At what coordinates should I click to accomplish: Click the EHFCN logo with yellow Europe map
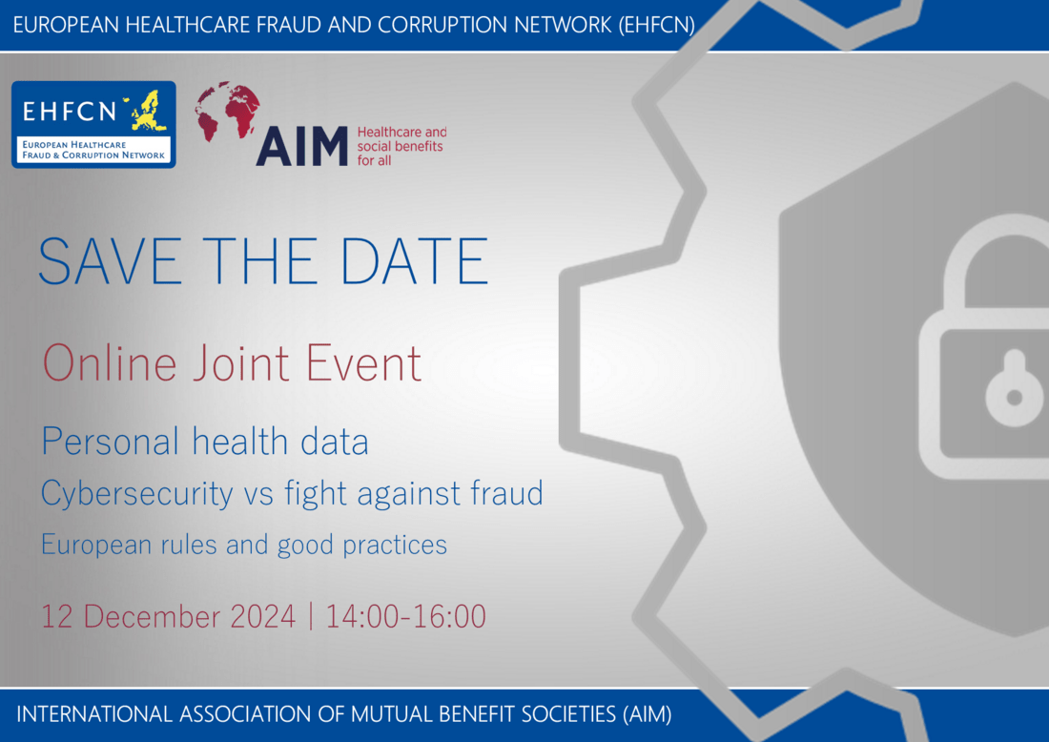(x=93, y=124)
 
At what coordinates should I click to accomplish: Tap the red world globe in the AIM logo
(x=228, y=113)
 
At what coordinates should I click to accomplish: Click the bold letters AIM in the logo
(x=302, y=146)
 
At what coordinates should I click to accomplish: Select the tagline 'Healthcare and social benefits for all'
(x=401, y=146)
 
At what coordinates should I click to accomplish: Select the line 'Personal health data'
(x=205, y=442)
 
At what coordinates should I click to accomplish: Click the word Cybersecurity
(x=136, y=493)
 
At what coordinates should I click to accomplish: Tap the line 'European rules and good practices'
(x=244, y=545)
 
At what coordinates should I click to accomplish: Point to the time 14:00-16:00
(x=406, y=616)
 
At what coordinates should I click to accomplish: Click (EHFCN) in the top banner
(x=656, y=25)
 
